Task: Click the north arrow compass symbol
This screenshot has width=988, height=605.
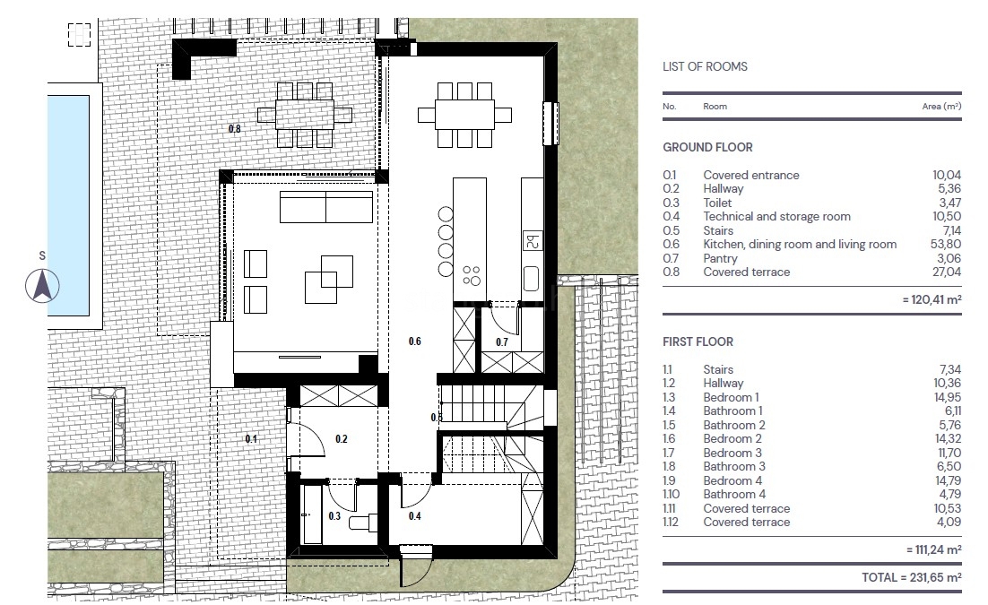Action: click(42, 286)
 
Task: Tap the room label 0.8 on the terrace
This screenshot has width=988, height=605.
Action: click(234, 129)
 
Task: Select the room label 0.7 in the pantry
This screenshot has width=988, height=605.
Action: click(501, 342)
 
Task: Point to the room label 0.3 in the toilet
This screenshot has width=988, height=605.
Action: click(334, 516)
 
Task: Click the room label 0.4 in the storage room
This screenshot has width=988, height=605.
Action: click(414, 516)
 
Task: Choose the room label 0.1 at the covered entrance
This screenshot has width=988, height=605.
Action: click(251, 438)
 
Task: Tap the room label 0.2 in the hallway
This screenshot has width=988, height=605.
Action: click(342, 438)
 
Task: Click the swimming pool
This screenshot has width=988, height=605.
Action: click(68, 205)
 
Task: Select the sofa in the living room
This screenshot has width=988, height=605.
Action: click(326, 207)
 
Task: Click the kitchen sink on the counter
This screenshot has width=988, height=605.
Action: click(531, 278)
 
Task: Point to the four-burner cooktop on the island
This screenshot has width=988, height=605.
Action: click(472, 276)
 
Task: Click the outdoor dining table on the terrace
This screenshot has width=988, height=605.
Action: click(305, 116)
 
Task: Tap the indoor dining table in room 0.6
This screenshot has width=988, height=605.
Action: click(465, 115)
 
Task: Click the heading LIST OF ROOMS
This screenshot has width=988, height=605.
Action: click(705, 67)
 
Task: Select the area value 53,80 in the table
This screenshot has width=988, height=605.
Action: click(947, 245)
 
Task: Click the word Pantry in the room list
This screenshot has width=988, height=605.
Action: click(720, 258)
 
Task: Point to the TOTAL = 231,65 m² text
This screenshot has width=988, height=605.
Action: click(912, 577)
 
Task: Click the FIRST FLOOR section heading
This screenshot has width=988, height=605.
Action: click(698, 342)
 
